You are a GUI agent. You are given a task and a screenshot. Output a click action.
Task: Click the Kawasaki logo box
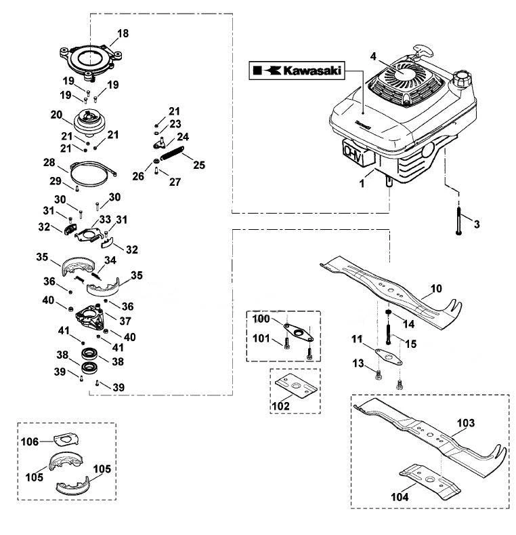point(296,71)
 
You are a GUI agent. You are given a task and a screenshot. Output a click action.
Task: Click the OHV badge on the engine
point(358,154)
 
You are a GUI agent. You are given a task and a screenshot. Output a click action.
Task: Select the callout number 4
point(373,56)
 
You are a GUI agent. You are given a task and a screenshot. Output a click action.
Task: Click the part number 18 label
point(123,33)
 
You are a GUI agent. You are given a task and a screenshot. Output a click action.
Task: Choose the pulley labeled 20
point(89,121)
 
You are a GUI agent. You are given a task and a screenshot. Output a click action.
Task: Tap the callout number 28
point(49,163)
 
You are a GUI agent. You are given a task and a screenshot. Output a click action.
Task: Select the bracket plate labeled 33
point(89,235)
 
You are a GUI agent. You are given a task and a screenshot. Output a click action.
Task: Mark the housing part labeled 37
point(90,317)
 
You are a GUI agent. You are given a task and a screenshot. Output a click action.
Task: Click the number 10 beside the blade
point(436,289)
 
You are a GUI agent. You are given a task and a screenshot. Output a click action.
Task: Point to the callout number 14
point(409,324)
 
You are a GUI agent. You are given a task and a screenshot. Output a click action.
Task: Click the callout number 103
point(466,423)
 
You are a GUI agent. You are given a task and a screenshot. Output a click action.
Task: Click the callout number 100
point(261,319)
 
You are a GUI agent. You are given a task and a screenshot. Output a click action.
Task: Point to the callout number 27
point(175,182)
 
